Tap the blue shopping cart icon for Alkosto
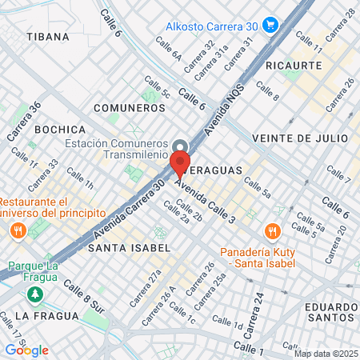pyautogui.click(x=270, y=24)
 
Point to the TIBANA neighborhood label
pyautogui.click(x=47, y=37)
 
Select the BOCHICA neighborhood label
pyautogui.click(x=61, y=130)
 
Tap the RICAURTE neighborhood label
pyautogui.click(x=293, y=65)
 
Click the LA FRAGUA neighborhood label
pyautogui.click(x=46, y=316)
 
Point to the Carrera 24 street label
pyautogui.click(x=258, y=306)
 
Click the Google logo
pyautogui.click(x=26, y=350)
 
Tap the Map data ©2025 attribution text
pyautogui.click(x=325, y=354)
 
